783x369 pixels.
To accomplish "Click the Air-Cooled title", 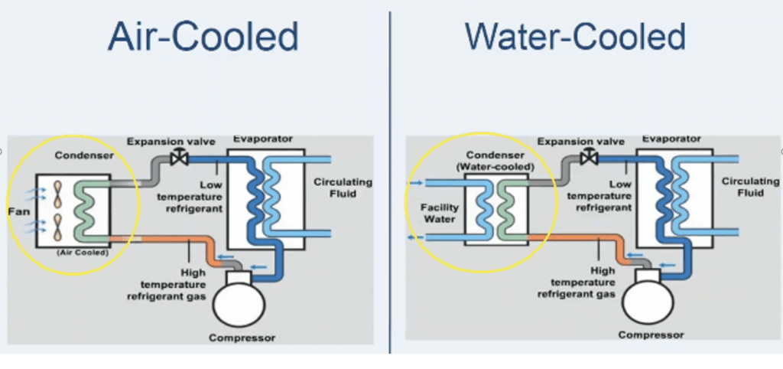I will click(x=203, y=38).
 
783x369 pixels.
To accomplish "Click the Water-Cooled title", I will click(x=574, y=38).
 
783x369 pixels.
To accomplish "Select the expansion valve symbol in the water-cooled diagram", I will click(x=590, y=158).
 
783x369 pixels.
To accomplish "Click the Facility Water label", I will click(x=440, y=213).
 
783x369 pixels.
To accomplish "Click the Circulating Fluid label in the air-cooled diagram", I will click(x=343, y=188).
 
